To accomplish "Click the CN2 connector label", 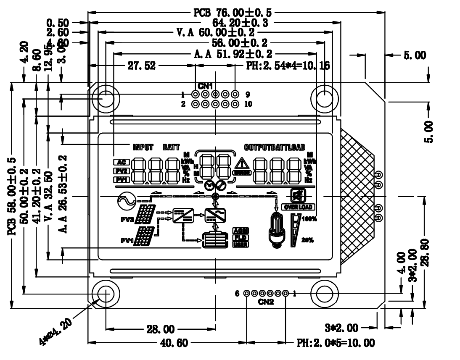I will click(x=266, y=302).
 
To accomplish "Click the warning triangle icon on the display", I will click(x=242, y=164).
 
